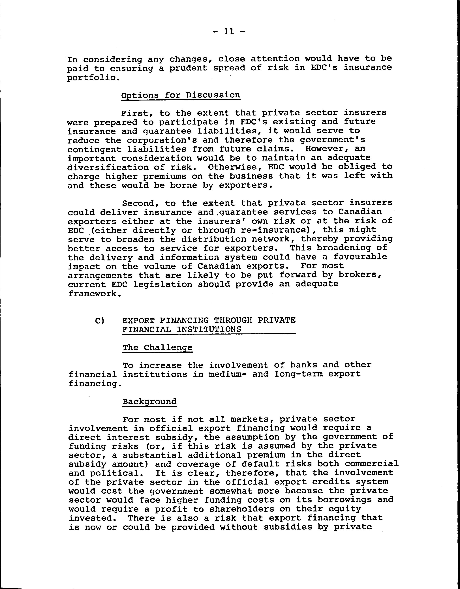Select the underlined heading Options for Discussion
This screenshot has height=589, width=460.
click(x=180, y=95)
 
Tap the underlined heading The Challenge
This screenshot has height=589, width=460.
click(x=157, y=347)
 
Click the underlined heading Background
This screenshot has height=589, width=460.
click(x=149, y=402)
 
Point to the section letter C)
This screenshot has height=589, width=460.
click(x=99, y=321)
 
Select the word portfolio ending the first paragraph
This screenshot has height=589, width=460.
click(x=88, y=78)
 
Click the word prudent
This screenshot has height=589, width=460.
click(x=189, y=68)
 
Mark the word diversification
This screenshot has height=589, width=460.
click(x=108, y=167)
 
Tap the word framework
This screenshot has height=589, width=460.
click(x=93, y=294)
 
